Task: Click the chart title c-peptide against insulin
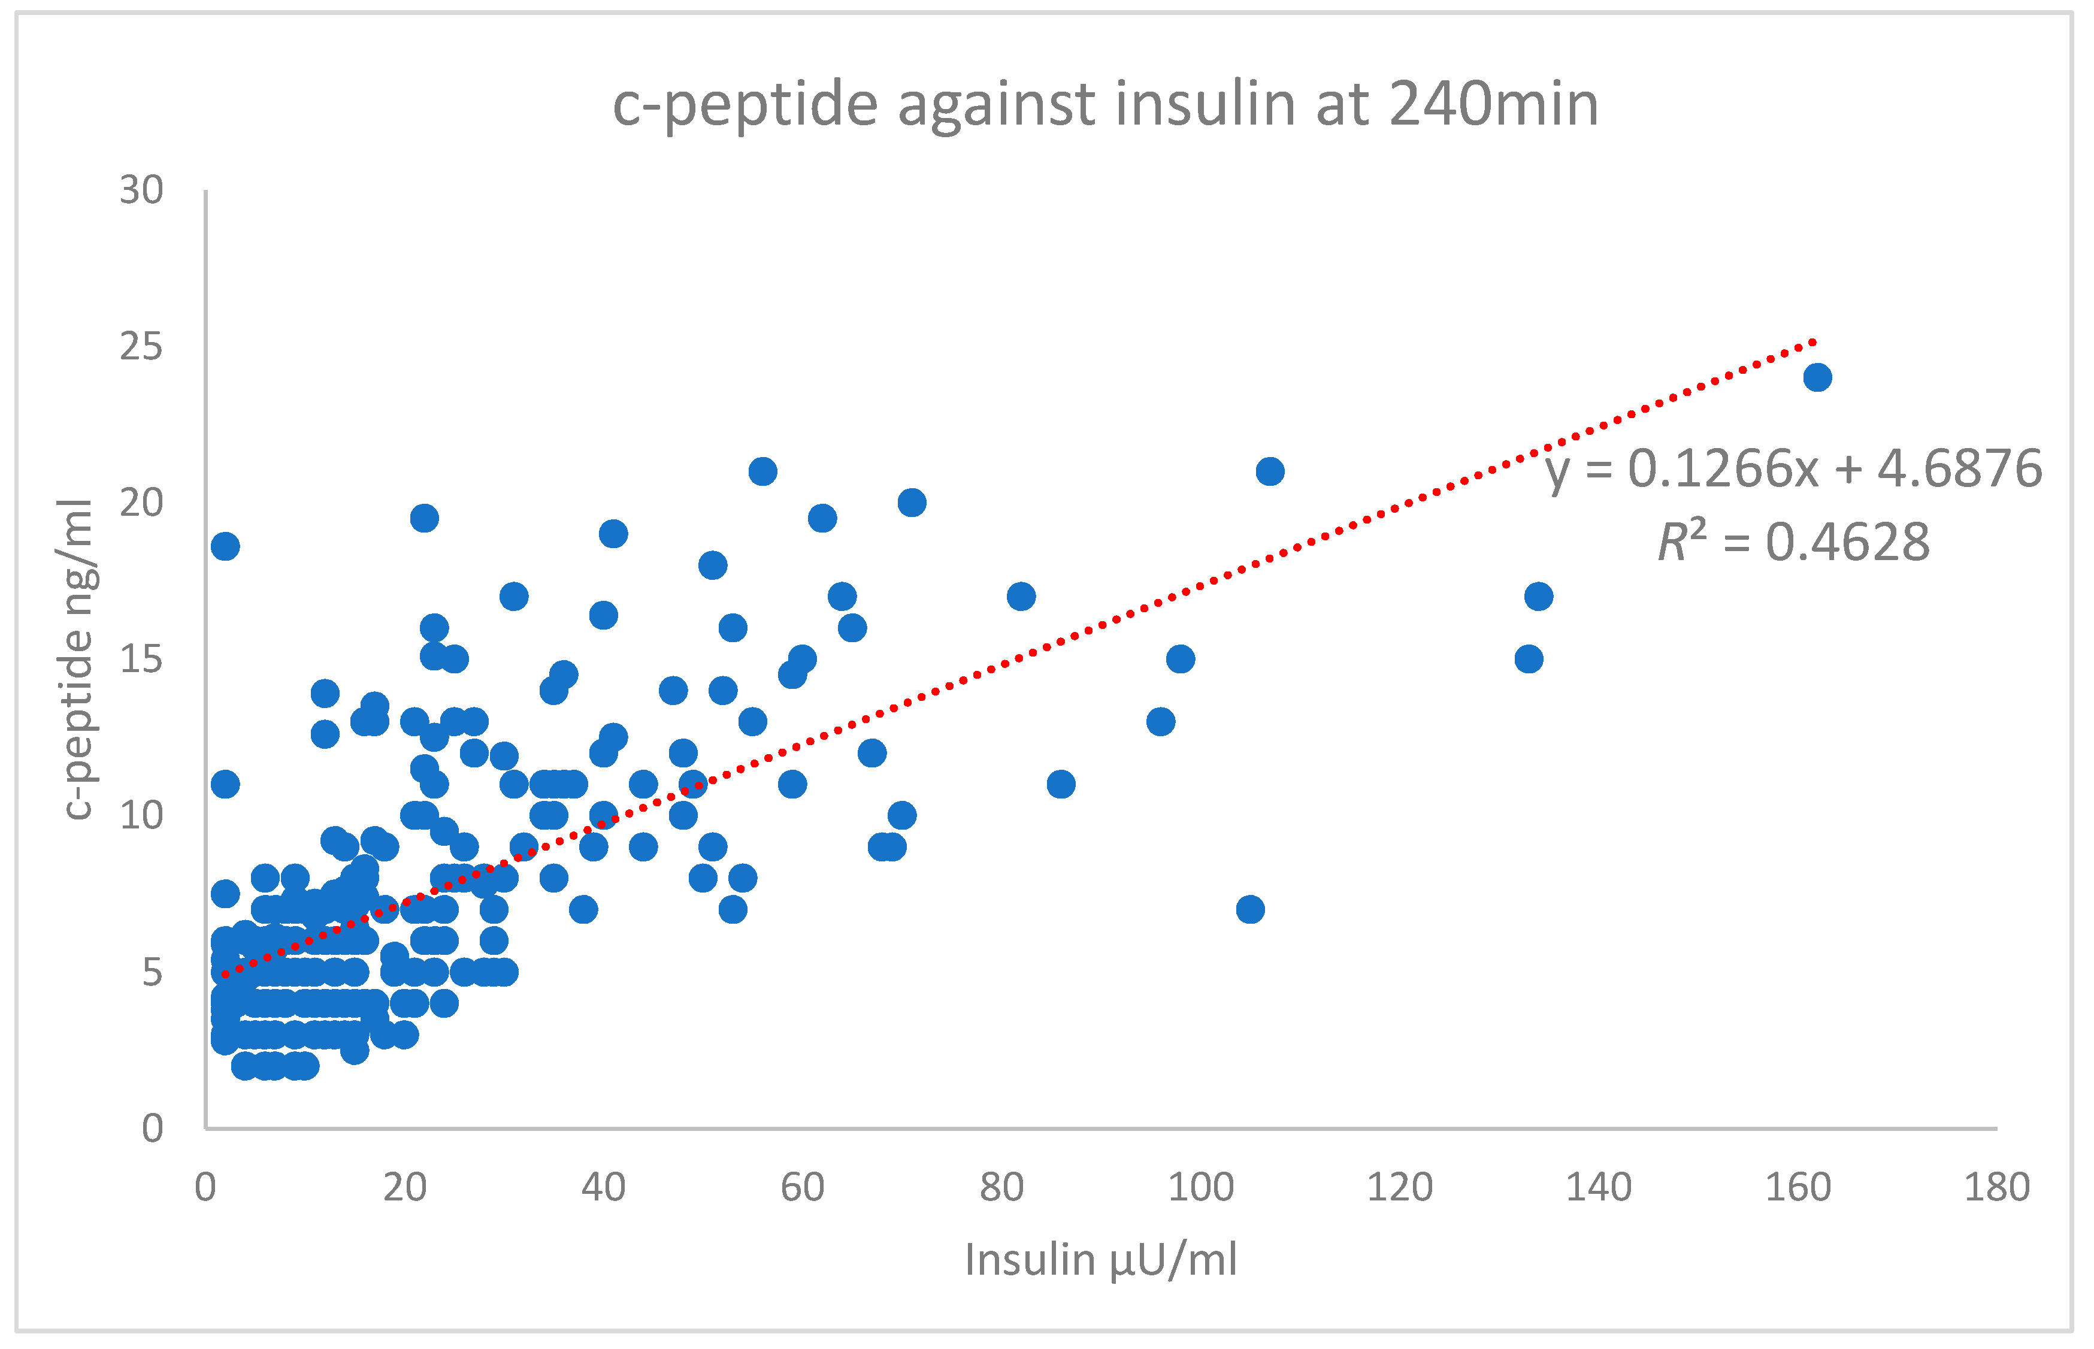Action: click(1105, 105)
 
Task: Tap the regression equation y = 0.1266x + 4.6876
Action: click(1792, 468)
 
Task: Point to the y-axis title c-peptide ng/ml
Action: click(77, 659)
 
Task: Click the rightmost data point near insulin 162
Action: click(1817, 377)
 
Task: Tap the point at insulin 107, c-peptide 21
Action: click(1270, 471)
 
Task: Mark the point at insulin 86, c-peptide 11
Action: click(1061, 784)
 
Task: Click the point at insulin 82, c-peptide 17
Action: click(1021, 597)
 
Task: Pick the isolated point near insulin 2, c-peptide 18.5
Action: click(225, 546)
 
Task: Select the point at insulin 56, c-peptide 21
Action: click(763, 471)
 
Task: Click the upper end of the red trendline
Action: click(1813, 341)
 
